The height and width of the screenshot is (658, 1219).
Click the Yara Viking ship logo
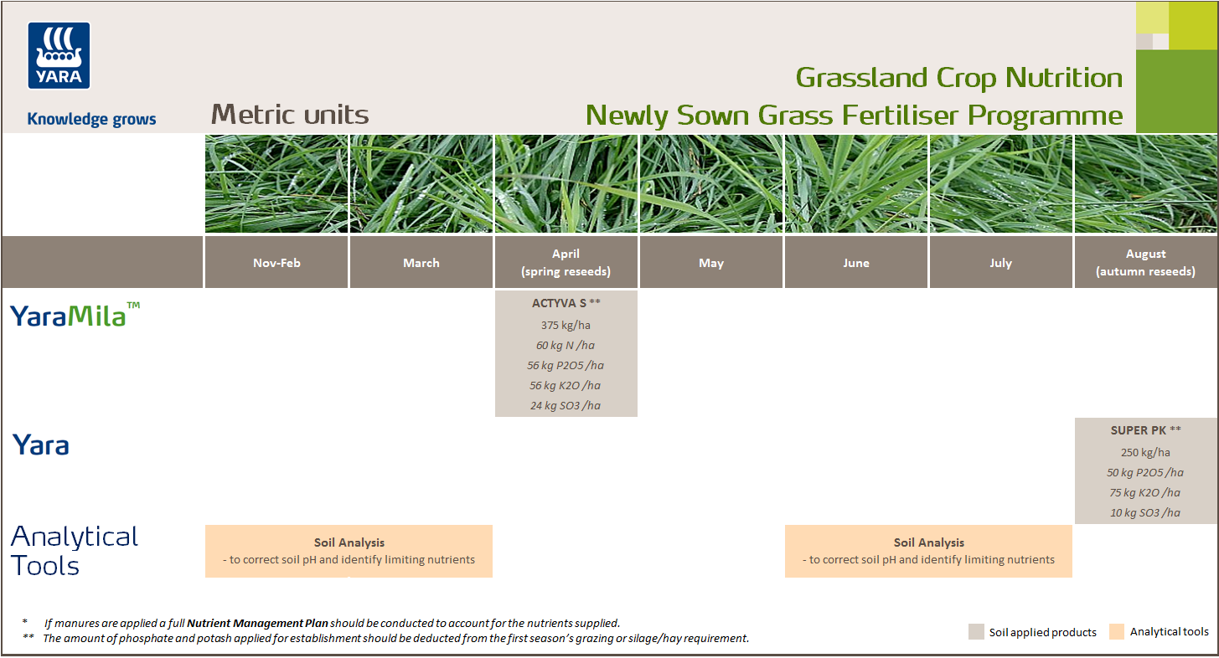coord(59,55)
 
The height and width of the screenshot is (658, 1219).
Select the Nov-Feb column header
coord(276,263)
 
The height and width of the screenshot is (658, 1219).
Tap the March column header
coord(421,263)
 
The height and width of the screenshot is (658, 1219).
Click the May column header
coord(710,263)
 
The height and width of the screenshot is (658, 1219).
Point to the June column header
coord(855,263)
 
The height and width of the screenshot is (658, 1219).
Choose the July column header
coord(1000,263)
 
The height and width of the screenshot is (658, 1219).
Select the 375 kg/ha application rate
coord(566,325)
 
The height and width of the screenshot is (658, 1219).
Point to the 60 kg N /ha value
coord(566,345)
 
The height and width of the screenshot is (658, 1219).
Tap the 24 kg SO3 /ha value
coord(566,405)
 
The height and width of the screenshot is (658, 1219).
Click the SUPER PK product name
coord(1140,430)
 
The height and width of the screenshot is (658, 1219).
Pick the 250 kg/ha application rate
coord(1145,452)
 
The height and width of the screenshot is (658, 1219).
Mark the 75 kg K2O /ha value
coord(1145,492)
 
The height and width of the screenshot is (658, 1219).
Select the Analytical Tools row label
coord(74,551)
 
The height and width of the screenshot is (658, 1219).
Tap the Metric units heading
coord(290,114)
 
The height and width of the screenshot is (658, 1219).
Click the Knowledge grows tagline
coord(91,119)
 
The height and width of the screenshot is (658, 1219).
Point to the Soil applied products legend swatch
coord(976,631)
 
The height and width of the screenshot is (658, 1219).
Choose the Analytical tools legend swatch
coord(1117,631)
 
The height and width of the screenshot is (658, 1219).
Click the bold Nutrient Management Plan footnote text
coord(257,623)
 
